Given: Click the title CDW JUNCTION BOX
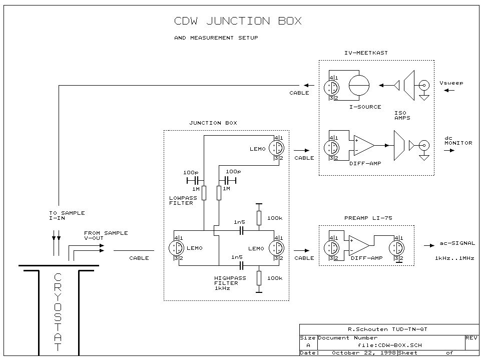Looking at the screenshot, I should (238, 22).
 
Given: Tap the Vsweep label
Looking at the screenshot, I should (451, 83).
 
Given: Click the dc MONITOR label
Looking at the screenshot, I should (458, 140).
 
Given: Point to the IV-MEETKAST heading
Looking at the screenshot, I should (366, 53).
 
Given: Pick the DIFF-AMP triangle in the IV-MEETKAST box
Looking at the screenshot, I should (363, 145).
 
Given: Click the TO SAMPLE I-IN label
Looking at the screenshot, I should (67, 216).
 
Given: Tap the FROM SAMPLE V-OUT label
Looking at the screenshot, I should (106, 236).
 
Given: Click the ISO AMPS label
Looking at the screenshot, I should (402, 116).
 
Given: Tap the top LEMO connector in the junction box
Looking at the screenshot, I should (276, 148).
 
